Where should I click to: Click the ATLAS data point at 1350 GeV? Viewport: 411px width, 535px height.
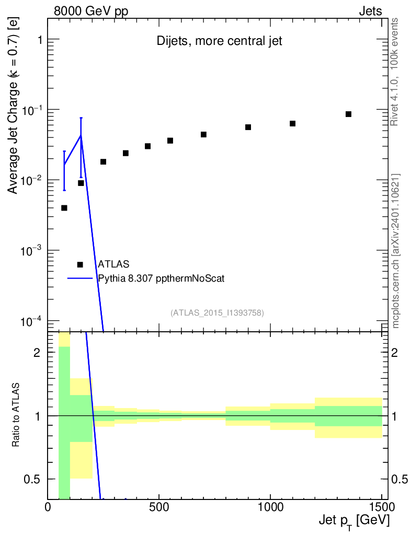348,114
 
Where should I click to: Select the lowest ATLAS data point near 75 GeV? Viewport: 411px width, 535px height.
64,208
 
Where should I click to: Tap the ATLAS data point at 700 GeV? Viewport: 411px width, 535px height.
203,134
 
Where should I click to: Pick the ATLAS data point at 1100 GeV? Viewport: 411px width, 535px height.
292,123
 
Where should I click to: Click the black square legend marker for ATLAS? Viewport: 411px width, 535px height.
80,264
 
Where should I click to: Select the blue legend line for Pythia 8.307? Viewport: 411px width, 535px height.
80,278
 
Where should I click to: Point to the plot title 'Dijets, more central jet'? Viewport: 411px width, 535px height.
219,41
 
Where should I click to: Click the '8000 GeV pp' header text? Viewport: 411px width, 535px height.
91,11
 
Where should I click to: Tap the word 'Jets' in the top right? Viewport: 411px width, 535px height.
370,11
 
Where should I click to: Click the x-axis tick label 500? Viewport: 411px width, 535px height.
159,507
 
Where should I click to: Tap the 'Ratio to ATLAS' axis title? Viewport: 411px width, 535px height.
15,415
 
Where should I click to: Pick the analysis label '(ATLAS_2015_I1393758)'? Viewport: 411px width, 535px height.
217,312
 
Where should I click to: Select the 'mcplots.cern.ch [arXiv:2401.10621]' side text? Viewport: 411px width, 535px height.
395,251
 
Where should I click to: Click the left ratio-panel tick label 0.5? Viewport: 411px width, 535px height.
31,480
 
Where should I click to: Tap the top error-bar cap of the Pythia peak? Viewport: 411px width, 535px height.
81,118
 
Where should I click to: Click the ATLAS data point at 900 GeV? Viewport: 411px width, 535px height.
248,127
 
